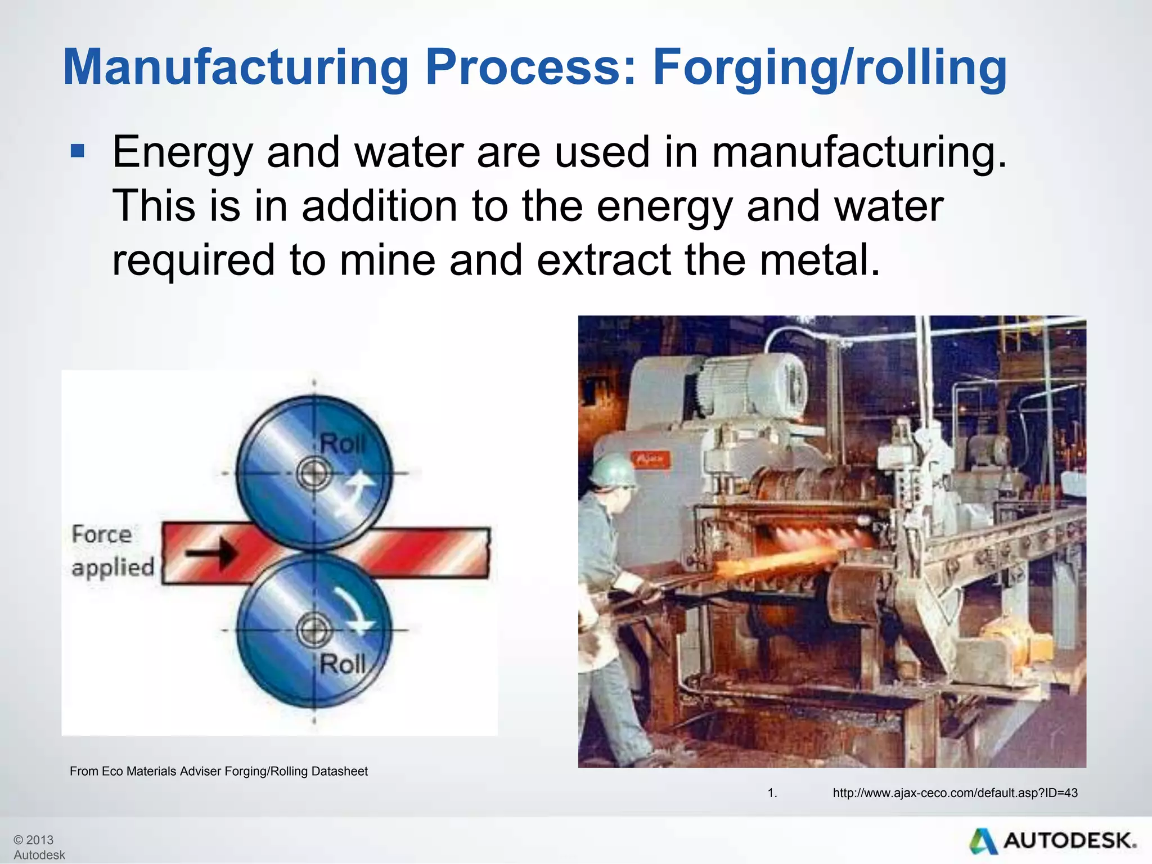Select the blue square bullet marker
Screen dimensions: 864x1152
click(x=77, y=151)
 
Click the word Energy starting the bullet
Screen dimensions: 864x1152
click(x=183, y=153)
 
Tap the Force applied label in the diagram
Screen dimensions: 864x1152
click(x=112, y=550)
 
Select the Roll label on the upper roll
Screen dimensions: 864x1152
click(x=342, y=444)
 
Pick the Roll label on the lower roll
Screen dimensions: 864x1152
click(x=342, y=664)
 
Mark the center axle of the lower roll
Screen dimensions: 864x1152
click(x=314, y=630)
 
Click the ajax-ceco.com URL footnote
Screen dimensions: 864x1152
click(x=955, y=793)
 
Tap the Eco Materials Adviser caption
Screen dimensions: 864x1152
click(x=218, y=771)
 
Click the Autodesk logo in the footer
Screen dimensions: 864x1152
click(x=1052, y=841)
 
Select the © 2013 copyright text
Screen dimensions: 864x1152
click(x=34, y=840)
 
